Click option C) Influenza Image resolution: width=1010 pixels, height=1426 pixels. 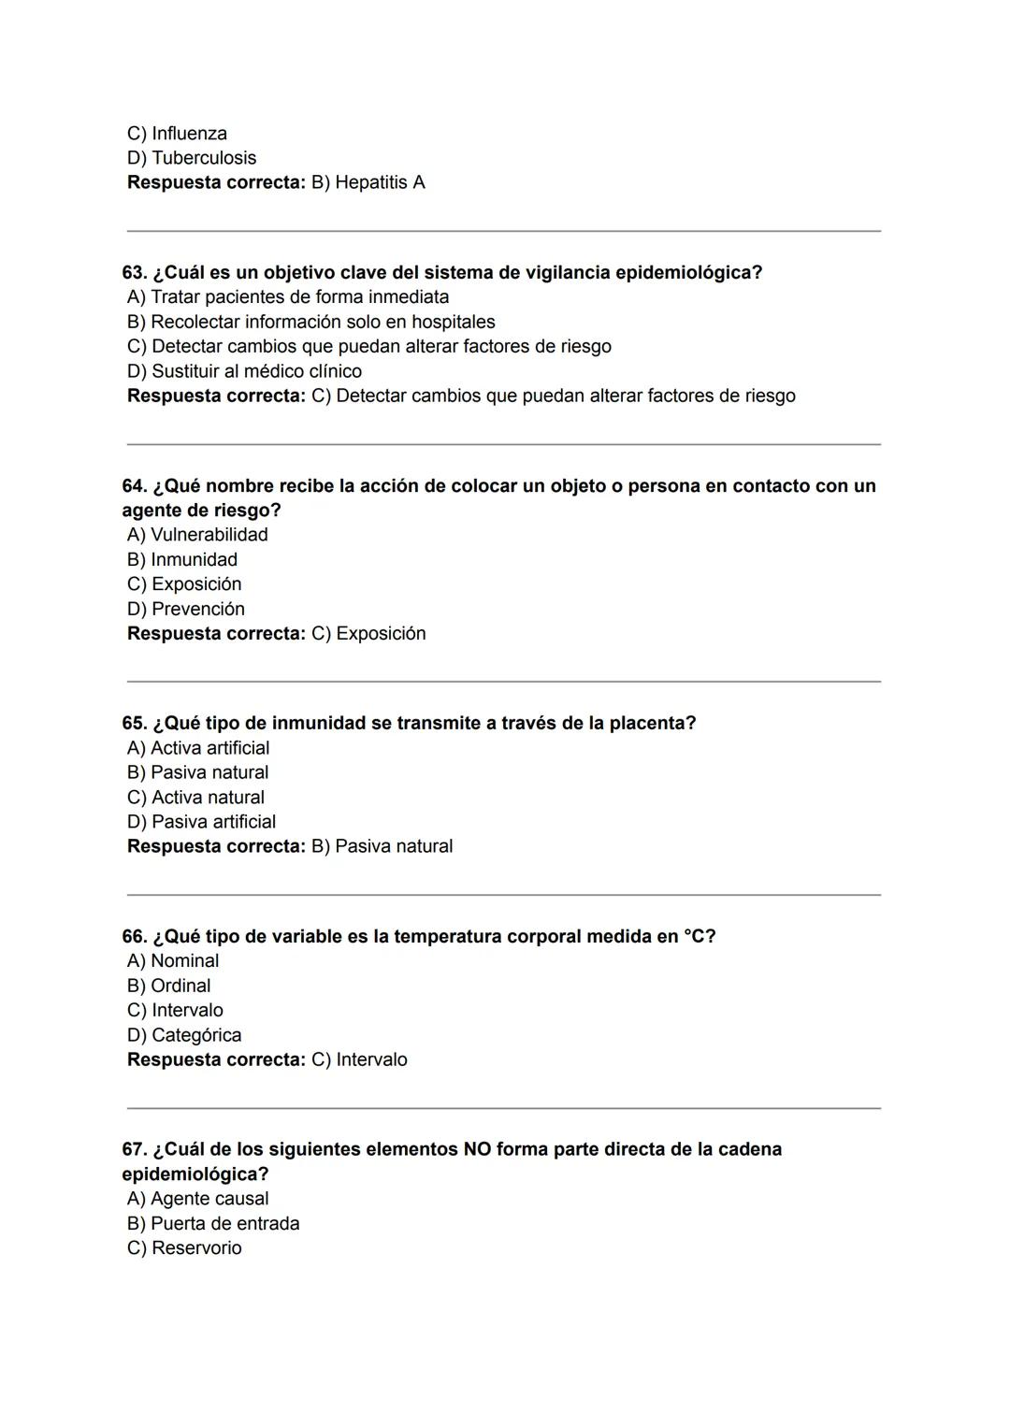click(177, 134)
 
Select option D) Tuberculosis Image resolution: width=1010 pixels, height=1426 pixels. click(191, 158)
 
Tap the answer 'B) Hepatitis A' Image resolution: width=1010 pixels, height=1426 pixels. click(368, 182)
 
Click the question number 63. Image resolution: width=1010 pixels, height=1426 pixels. click(134, 273)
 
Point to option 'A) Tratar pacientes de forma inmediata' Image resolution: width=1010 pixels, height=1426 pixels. click(287, 297)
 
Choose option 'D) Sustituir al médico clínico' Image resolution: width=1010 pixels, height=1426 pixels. click(244, 371)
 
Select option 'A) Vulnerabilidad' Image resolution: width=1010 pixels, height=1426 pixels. click(197, 535)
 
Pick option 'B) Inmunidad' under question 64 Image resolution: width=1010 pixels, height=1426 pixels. click(182, 559)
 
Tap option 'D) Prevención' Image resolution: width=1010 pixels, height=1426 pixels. click(186, 609)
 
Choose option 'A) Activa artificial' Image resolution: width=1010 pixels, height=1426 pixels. click(198, 748)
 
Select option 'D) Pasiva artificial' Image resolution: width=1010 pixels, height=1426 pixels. click(201, 822)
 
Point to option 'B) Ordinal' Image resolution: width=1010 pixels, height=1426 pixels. click(168, 986)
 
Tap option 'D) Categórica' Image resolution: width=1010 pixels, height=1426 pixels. click(184, 1035)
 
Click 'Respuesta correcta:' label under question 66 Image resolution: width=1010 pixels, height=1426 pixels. click(216, 1059)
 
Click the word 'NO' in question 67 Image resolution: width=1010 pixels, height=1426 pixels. click(477, 1149)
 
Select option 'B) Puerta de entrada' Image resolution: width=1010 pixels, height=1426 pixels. click(213, 1223)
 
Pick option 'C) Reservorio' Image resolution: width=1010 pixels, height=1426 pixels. click(184, 1248)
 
